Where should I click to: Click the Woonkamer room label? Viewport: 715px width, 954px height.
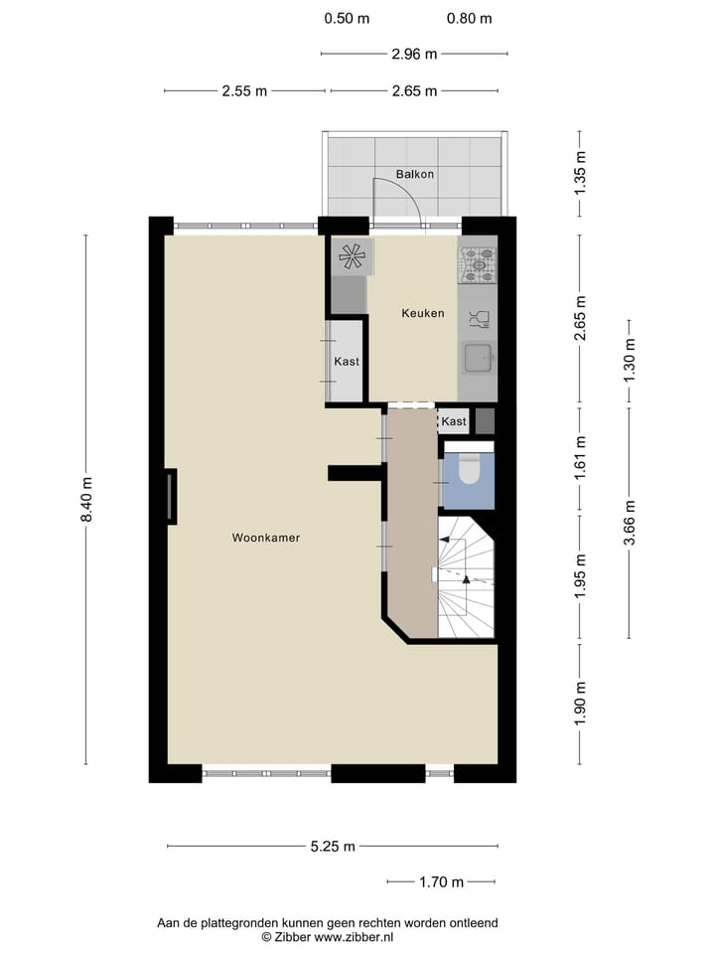click(266, 538)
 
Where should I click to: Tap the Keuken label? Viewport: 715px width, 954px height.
click(422, 313)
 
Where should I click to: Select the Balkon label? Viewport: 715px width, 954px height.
click(414, 174)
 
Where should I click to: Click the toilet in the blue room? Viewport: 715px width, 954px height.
click(468, 469)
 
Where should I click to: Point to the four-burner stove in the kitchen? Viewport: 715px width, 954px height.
click(477, 263)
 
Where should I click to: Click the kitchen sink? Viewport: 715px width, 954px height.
click(477, 356)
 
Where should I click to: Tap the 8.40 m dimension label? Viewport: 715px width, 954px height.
click(86, 500)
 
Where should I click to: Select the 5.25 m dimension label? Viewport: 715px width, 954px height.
click(332, 847)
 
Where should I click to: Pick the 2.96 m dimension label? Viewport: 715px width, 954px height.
click(414, 55)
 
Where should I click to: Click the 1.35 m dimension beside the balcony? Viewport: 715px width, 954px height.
click(581, 172)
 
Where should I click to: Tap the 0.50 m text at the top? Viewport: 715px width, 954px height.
click(347, 18)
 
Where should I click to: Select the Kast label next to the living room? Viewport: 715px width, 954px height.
click(347, 362)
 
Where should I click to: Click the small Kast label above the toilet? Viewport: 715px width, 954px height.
click(454, 421)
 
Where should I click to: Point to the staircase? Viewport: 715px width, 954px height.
click(465, 577)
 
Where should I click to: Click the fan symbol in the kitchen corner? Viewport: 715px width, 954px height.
click(352, 256)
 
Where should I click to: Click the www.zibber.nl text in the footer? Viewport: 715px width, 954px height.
click(356, 936)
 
